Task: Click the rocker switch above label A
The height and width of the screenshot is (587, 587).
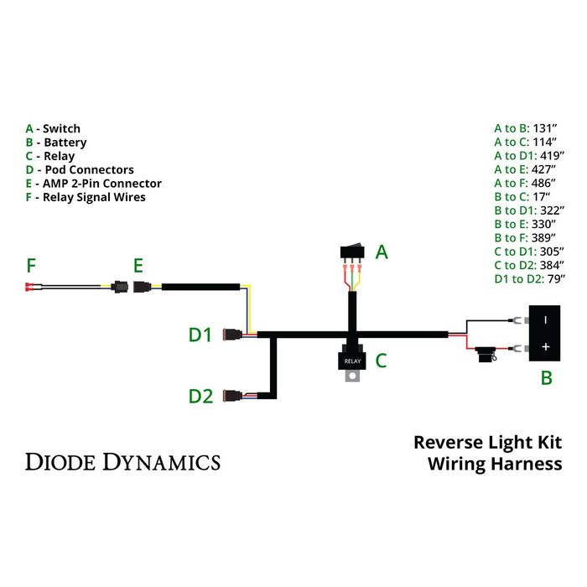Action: coord(352,251)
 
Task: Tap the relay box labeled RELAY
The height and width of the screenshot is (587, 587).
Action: coord(351,360)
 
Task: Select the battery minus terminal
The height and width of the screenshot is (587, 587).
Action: coord(544,319)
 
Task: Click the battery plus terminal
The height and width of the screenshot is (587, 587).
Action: coord(544,346)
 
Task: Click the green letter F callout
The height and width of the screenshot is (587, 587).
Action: coord(31,266)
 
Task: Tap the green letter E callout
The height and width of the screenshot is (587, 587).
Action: coord(138,266)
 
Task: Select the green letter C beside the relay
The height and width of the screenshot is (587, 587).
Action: coord(380,361)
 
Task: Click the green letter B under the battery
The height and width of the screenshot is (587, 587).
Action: coord(546,378)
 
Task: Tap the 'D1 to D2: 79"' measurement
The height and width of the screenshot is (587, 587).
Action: coord(530,278)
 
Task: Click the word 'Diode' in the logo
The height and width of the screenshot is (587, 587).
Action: coord(61,461)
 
